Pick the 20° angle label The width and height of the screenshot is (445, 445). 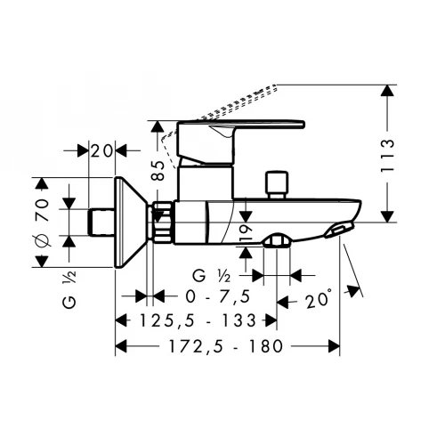pos(317,298)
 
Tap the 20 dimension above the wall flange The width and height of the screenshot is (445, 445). pos(103,150)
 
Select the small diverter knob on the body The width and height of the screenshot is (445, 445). pos(278,184)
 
